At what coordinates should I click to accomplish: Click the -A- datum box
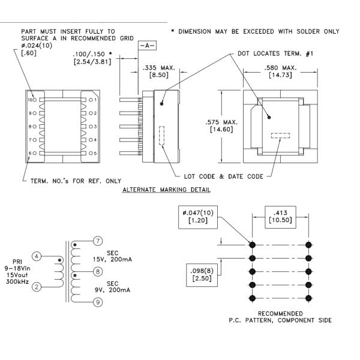pos(147,46)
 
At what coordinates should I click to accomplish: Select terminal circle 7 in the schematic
pos(98,241)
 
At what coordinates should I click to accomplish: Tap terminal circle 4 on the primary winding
pos(37,256)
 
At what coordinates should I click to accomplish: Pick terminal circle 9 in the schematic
pos(98,302)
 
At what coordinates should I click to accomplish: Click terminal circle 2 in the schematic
pos(37,287)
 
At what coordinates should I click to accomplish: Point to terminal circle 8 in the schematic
pos(98,272)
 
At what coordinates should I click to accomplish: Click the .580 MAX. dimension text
pos(280,68)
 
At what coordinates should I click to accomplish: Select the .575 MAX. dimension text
pos(221,122)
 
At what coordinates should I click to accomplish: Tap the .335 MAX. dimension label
pos(159,68)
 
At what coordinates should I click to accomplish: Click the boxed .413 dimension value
pos(280,217)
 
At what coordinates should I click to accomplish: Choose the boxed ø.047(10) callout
pos(198,217)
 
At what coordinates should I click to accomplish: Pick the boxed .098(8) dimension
pos(202,275)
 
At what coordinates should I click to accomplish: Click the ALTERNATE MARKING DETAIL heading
pos(166,190)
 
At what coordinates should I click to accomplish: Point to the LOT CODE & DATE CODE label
pos(224,176)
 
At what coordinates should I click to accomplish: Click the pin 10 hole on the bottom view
pos(34,100)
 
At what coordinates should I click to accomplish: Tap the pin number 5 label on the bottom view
pos(95,153)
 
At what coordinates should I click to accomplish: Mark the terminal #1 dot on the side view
pos(161,104)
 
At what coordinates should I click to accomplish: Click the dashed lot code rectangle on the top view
pos(280,136)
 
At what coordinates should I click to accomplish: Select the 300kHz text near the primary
pos(17,282)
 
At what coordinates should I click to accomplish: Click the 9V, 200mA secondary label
pos(113,290)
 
